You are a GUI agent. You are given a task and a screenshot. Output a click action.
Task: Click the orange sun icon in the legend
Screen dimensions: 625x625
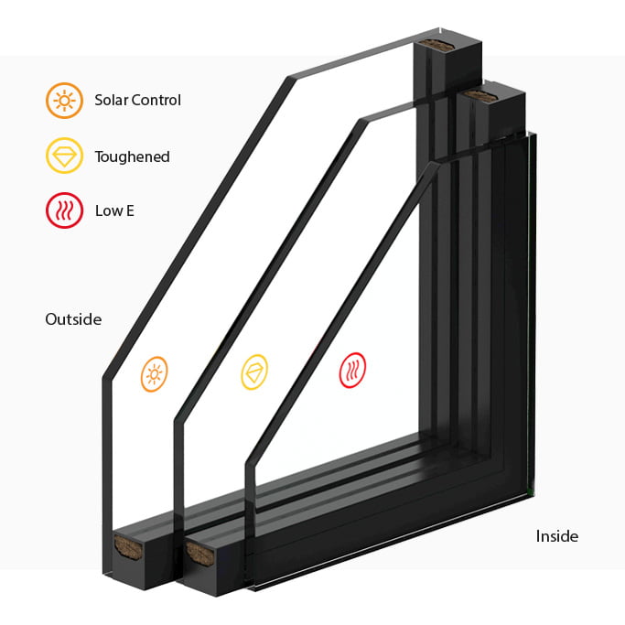pyautogui.click(x=64, y=101)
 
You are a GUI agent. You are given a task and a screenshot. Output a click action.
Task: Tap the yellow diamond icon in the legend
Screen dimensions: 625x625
pyautogui.click(x=64, y=156)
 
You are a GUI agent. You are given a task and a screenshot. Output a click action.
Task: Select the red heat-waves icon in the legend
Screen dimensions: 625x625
pyautogui.click(x=64, y=210)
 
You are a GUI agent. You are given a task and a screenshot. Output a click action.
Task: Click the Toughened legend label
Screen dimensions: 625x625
pyautogui.click(x=133, y=156)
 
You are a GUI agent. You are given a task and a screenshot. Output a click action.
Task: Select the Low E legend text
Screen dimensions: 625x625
pyautogui.click(x=114, y=210)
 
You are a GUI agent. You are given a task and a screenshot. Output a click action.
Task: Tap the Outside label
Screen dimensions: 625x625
pyautogui.click(x=73, y=319)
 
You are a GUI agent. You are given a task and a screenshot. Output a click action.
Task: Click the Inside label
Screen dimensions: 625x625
pyautogui.click(x=557, y=536)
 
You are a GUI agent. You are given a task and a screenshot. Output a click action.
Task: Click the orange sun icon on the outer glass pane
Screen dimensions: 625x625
pyautogui.click(x=155, y=374)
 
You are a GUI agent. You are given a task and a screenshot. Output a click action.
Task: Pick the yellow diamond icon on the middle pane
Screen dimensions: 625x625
pyautogui.click(x=254, y=372)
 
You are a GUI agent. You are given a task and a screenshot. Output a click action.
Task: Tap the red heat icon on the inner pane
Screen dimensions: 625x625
pyautogui.click(x=352, y=370)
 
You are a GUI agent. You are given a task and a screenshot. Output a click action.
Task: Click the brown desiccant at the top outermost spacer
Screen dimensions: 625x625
pyautogui.click(x=438, y=45)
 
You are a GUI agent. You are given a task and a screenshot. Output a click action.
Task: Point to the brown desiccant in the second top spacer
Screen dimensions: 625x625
pyautogui.click(x=480, y=96)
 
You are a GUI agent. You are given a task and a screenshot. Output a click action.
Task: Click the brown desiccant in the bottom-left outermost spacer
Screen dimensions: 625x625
pyautogui.click(x=128, y=547)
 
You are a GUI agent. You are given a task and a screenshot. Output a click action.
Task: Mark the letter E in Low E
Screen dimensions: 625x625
pyautogui.click(x=130, y=210)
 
